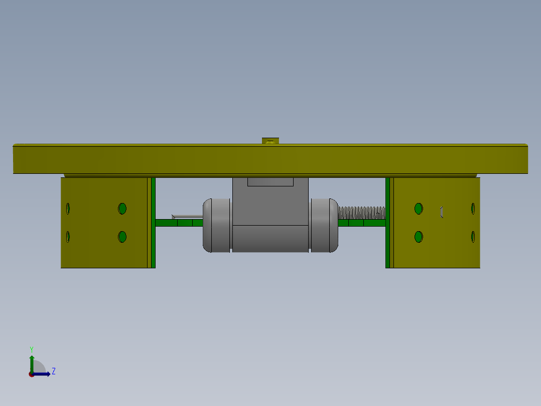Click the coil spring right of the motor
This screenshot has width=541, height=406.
click(361, 213)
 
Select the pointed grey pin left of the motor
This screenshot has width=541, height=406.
click(187, 217)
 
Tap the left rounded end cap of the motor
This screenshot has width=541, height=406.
click(216, 225)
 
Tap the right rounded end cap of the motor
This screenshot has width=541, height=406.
click(324, 225)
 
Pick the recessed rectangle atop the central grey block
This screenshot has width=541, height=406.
click(270, 182)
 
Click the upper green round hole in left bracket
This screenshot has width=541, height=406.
click(122, 209)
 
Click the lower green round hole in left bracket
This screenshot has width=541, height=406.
click(122, 237)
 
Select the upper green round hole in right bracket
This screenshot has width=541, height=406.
click(419, 209)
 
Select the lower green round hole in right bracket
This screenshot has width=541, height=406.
click(419, 237)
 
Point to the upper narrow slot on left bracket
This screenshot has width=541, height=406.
click(68, 208)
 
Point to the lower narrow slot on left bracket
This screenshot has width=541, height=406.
click(68, 237)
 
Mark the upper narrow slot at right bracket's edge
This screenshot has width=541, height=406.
click(473, 208)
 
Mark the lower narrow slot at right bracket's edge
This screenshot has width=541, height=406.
click(473, 237)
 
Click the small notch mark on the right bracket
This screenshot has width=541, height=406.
click(442, 212)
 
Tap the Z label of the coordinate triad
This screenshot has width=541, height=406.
click(54, 371)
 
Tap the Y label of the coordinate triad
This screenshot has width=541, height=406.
click(31, 349)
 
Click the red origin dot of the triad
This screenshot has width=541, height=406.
click(31, 374)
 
